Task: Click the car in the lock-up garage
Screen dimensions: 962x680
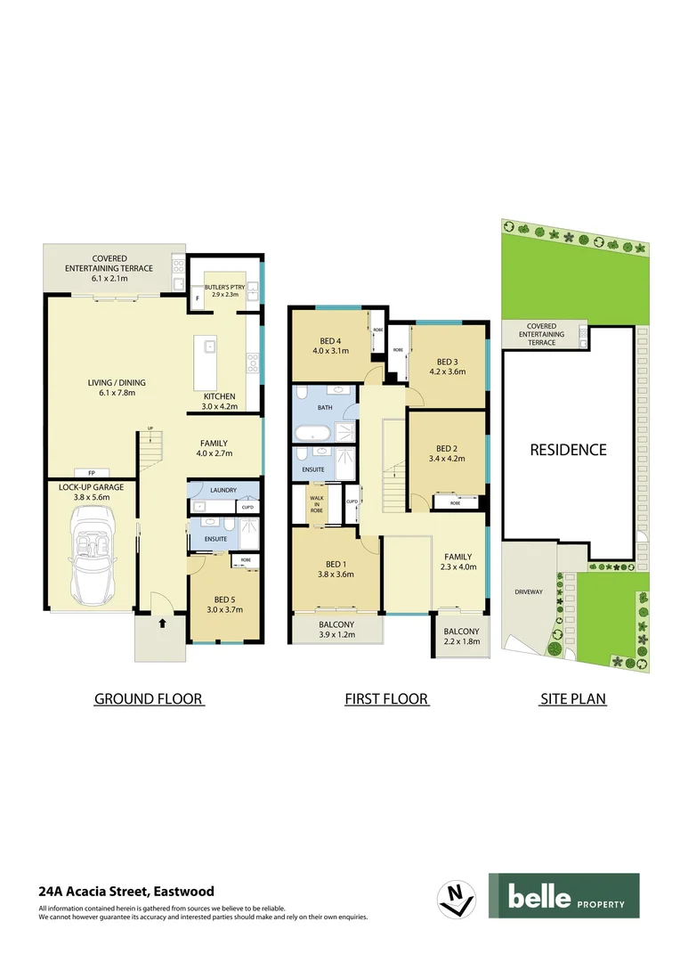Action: click(93, 554)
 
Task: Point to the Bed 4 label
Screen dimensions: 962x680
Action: click(330, 339)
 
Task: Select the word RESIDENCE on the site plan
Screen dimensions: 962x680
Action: click(568, 450)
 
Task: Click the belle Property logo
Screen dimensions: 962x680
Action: click(563, 896)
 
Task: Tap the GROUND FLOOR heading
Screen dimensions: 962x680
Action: click(149, 699)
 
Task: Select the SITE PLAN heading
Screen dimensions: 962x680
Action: click(573, 699)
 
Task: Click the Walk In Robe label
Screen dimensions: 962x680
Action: click(316, 505)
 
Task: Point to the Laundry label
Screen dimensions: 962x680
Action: click(224, 491)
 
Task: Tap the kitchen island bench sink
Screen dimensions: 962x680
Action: click(209, 346)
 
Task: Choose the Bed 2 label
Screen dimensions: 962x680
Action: click(447, 448)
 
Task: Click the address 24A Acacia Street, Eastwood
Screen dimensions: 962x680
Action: click(126, 891)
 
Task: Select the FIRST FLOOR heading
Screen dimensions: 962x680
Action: click(387, 699)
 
